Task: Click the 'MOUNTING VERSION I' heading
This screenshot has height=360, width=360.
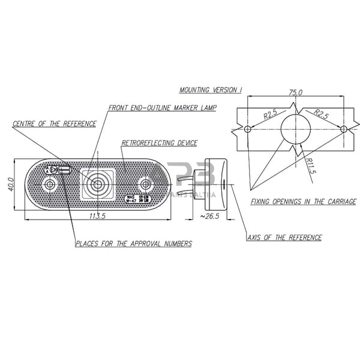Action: click(211, 90)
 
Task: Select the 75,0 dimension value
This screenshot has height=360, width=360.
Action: click(296, 93)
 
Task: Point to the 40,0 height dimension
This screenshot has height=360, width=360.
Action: click(10, 182)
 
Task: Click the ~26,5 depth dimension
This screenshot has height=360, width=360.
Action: click(211, 216)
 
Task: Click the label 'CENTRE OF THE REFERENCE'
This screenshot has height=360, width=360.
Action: click(54, 124)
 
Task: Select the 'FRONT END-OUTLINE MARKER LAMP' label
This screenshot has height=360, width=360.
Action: click(163, 108)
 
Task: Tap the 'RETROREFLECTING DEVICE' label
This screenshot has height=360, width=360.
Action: click(159, 143)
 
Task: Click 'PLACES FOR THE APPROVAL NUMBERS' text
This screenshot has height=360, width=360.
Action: click(133, 244)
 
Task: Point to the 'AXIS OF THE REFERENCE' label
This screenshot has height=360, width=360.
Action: click(284, 238)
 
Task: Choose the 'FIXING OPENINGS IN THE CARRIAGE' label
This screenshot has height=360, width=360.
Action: click(304, 202)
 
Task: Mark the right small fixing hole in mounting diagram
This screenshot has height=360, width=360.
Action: click(343, 129)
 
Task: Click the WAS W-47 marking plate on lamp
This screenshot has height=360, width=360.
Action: click(137, 199)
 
